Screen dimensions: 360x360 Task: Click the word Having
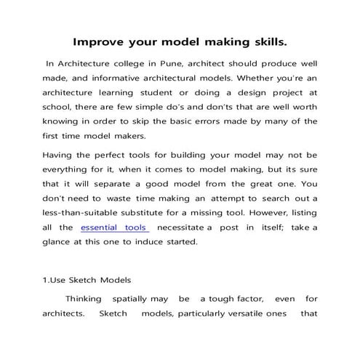point(59,155)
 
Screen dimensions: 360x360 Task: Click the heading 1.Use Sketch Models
point(87,279)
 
